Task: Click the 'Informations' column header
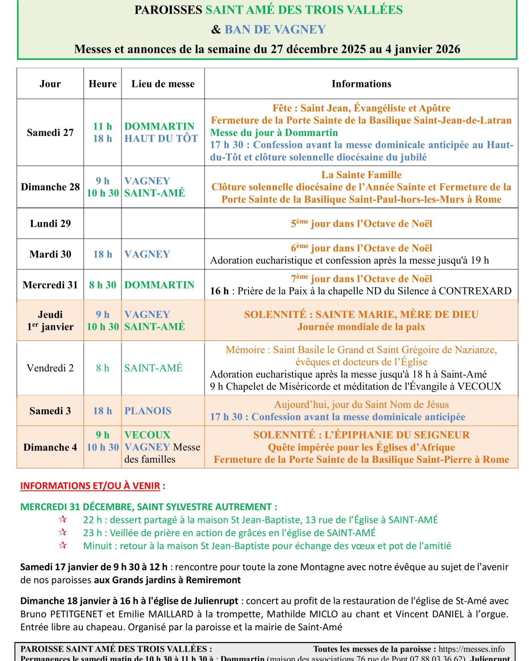point(361,84)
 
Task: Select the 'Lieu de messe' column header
point(163,84)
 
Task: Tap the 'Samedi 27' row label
point(50,133)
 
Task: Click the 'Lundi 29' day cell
point(50,223)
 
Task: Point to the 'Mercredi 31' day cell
point(50,285)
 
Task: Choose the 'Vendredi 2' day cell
point(50,368)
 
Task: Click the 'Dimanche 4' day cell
point(50,447)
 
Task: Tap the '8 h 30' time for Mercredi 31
point(103,285)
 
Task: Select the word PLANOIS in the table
point(148,411)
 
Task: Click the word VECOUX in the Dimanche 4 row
point(147,435)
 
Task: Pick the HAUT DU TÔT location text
point(161,139)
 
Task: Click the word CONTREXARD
point(475,291)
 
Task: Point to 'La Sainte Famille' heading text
point(361,175)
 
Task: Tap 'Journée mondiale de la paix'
point(361,327)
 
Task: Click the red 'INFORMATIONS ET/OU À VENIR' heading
point(90,486)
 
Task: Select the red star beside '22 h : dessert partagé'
point(63,519)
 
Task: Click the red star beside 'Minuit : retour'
point(63,545)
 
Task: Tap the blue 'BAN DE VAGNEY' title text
point(275,29)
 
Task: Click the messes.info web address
point(471,649)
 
